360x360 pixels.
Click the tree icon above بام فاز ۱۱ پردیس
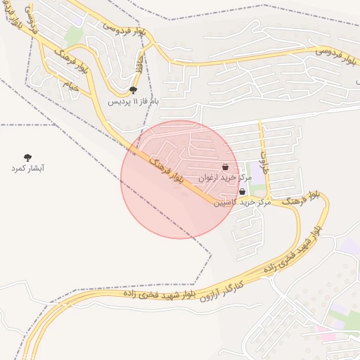click(x=134, y=90)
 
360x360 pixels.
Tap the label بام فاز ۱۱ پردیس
click(x=134, y=101)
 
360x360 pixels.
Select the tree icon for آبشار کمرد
click(x=28, y=157)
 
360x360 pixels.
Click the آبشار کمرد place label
click(x=28, y=169)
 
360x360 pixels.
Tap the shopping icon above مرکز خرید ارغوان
click(x=225, y=167)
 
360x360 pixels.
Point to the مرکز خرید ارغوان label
click(x=219, y=179)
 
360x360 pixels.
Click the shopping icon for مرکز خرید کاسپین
click(x=242, y=191)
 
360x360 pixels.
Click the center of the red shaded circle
click(x=179, y=179)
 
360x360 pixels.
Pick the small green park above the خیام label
click(x=75, y=35)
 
